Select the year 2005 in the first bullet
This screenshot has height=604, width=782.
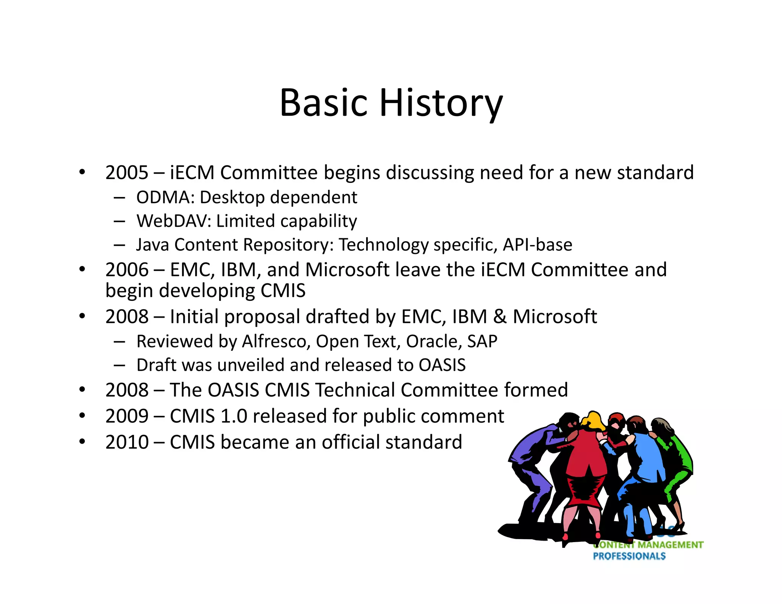click(x=126, y=173)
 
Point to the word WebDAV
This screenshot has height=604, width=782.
click(x=173, y=221)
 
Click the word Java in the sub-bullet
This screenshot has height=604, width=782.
click(x=152, y=245)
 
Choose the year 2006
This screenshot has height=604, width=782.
click(x=126, y=270)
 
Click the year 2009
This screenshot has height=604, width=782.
click(x=126, y=416)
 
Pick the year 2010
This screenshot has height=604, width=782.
click(x=126, y=442)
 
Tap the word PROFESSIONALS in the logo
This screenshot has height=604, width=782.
click(x=629, y=556)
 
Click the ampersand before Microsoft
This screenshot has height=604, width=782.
click(x=500, y=317)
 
